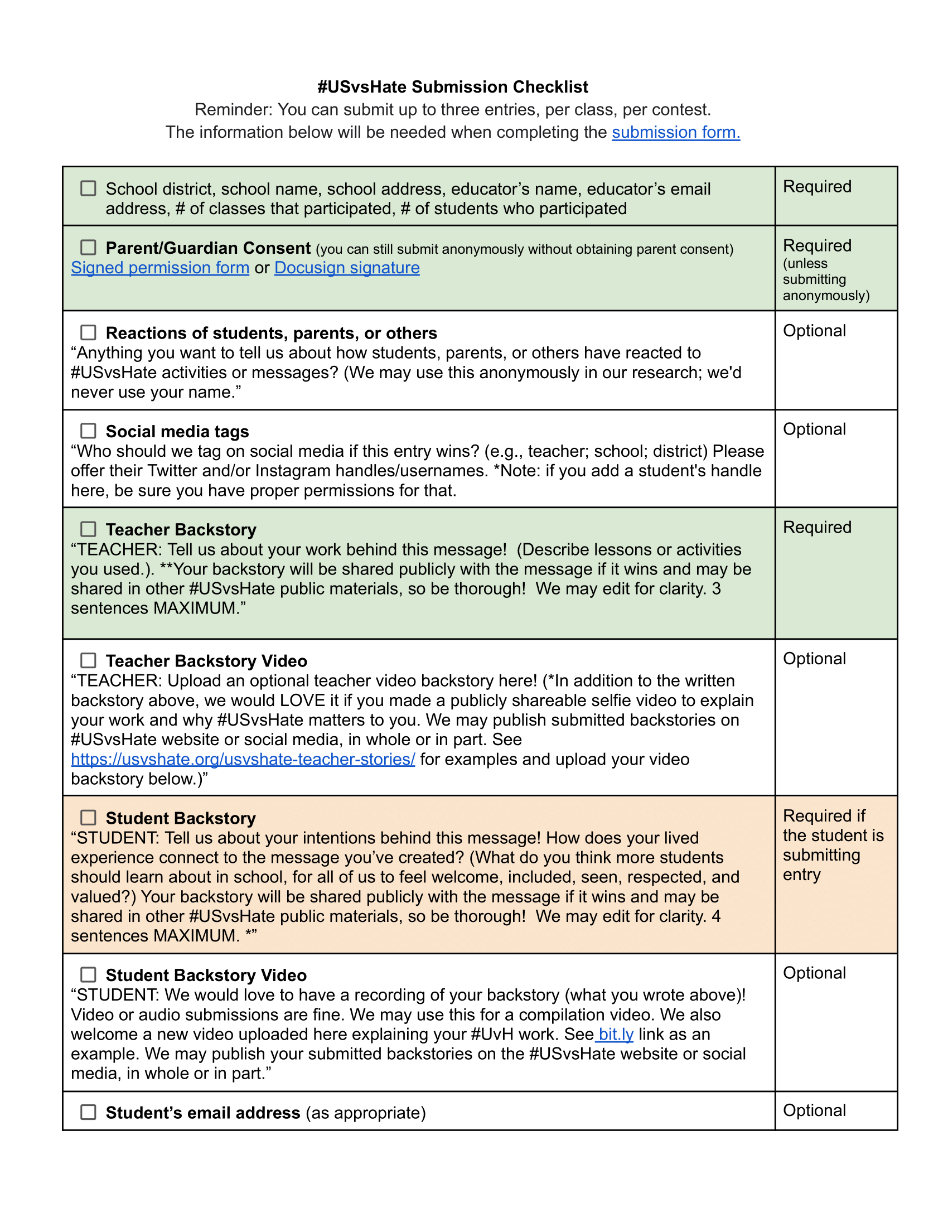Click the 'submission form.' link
coord(676,132)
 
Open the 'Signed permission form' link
coord(160,268)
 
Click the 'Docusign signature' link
coord(346,268)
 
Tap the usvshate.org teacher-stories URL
coord(243,759)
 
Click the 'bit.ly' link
coord(616,1034)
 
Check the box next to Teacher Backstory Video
coord(88,660)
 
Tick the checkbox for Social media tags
coord(88,431)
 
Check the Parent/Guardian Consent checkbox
coord(88,248)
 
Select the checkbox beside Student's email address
coord(88,1113)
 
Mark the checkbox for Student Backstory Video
coord(88,974)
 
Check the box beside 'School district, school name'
coord(88,188)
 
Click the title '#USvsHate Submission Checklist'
coord(453,87)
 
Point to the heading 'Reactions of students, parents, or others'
coord(271,333)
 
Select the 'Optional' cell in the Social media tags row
coord(814,429)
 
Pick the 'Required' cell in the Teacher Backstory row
coord(816,528)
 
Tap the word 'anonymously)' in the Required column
coord(825,296)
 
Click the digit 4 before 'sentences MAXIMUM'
coord(716,916)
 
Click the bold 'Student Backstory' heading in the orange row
coord(180,818)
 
